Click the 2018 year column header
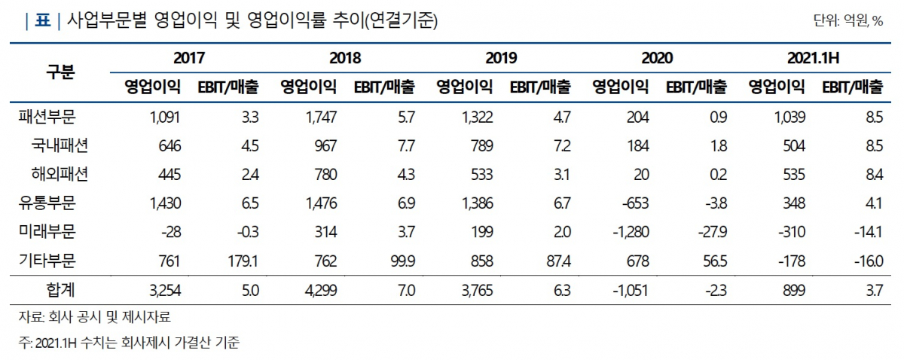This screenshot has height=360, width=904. tap(344, 57)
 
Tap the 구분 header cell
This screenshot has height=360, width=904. tap(61, 72)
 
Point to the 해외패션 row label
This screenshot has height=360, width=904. tap(60, 174)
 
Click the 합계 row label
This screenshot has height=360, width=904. tap(60, 290)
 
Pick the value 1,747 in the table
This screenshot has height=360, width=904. tap(322, 117)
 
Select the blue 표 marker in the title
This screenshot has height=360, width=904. tap(41, 21)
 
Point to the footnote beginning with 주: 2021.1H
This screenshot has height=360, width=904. tap(129, 343)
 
